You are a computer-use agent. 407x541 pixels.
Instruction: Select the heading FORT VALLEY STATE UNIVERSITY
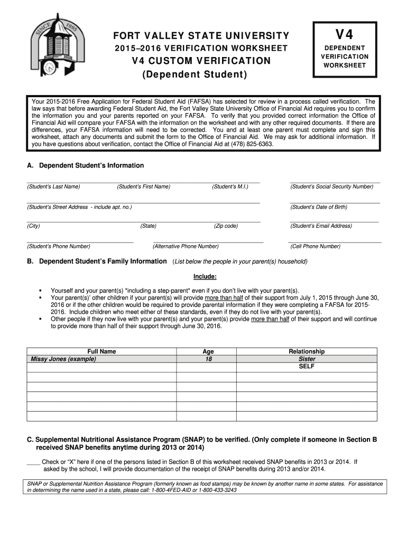tap(201, 36)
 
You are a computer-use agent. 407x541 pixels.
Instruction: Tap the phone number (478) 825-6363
tap(251, 143)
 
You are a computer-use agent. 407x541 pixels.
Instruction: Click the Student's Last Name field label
tap(53, 186)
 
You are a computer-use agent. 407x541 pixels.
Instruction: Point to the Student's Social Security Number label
tap(331, 186)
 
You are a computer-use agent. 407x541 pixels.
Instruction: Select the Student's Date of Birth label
tap(318, 207)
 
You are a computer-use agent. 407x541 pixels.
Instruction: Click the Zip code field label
tap(226, 226)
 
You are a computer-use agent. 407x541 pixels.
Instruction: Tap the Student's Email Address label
tap(321, 226)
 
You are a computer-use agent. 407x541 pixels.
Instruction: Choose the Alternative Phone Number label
tap(186, 246)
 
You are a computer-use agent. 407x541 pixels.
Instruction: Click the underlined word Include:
tap(205, 276)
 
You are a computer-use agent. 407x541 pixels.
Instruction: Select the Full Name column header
tap(101, 351)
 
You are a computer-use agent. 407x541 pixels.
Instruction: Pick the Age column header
tap(208, 351)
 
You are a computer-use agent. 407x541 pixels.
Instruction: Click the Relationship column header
tap(307, 351)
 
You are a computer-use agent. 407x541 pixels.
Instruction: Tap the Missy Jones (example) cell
tap(63, 359)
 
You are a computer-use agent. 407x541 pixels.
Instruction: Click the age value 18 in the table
tap(208, 359)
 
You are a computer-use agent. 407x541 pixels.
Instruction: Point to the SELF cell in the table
tap(307, 366)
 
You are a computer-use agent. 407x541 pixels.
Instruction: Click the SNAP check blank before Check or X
tap(33, 462)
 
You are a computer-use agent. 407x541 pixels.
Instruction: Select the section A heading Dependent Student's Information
tap(85, 165)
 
